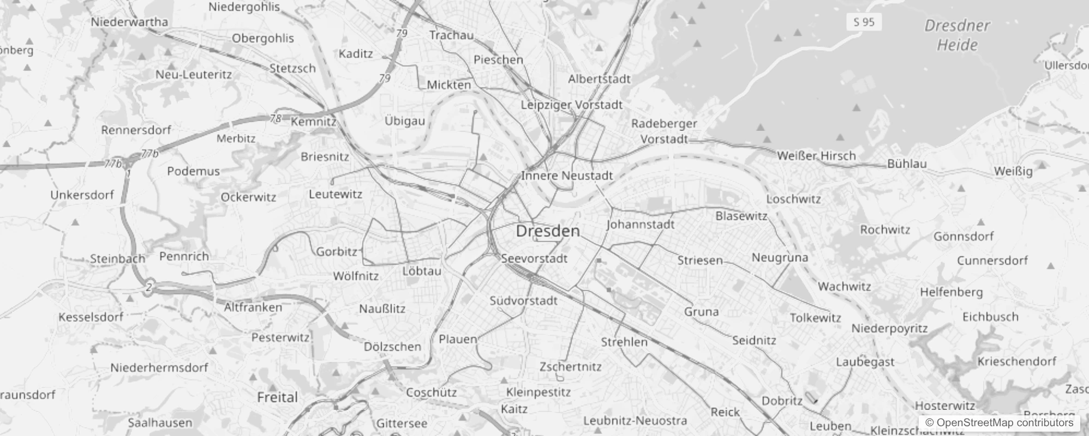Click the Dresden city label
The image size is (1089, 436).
tap(548, 231)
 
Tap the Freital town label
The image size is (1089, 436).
tap(277, 397)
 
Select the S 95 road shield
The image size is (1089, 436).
tap(864, 22)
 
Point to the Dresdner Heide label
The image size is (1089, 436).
tap(957, 35)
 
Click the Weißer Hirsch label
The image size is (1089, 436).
tap(816, 156)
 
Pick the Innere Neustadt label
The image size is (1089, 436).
tap(567, 175)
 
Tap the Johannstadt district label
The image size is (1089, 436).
tap(640, 224)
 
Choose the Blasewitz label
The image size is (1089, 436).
tap(741, 216)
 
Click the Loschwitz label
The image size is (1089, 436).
tap(793, 199)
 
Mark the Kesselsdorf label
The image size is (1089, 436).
tap(91, 317)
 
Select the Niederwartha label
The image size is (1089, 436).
tap(129, 22)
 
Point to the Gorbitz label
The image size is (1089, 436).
tap(337, 251)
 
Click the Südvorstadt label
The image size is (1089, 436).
tap(523, 301)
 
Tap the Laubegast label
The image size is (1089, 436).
tap(865, 362)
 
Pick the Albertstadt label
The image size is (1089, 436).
tap(599, 79)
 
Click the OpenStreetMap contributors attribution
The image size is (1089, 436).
tap(999, 423)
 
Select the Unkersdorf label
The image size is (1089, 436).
tap(82, 195)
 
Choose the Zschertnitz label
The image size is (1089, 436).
tap(570, 367)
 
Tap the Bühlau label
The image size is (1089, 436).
tap(907, 163)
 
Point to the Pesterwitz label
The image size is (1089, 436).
tap(280, 337)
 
